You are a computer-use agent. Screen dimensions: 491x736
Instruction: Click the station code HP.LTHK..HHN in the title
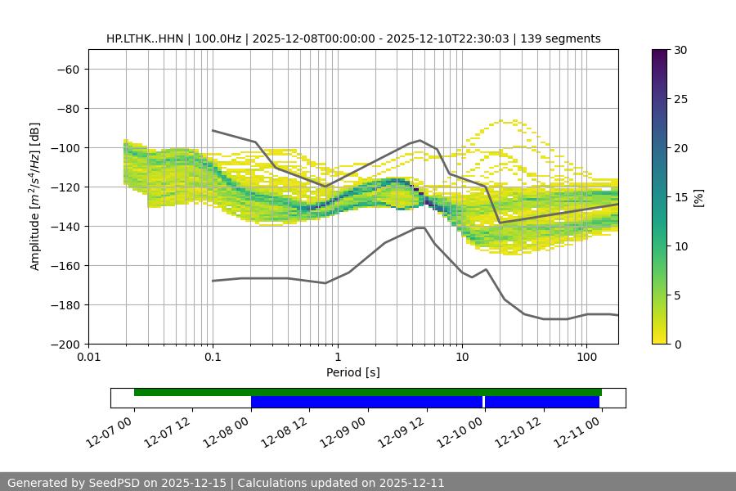pyautogui.click(x=145, y=38)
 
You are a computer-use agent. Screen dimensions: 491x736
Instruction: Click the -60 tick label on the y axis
pyautogui.click(x=67, y=69)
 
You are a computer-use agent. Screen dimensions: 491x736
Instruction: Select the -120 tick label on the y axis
pyautogui.click(x=64, y=187)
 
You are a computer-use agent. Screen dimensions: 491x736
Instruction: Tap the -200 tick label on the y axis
pyautogui.click(x=64, y=344)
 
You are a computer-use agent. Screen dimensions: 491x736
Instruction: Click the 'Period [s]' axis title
pyautogui.click(x=352, y=372)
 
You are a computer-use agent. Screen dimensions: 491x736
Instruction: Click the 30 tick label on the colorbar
pyautogui.click(x=680, y=50)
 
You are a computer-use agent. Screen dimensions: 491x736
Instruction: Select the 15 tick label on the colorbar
pyautogui.click(x=680, y=197)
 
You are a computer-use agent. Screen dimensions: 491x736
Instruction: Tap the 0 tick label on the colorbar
pyautogui.click(x=678, y=344)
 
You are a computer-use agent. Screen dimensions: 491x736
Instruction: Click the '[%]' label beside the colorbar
pyautogui.click(x=698, y=197)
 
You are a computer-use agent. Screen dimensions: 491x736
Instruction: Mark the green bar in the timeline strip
pyautogui.click(x=368, y=393)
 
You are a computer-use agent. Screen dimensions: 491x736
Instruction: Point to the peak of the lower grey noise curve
pyautogui.click(x=420, y=227)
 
